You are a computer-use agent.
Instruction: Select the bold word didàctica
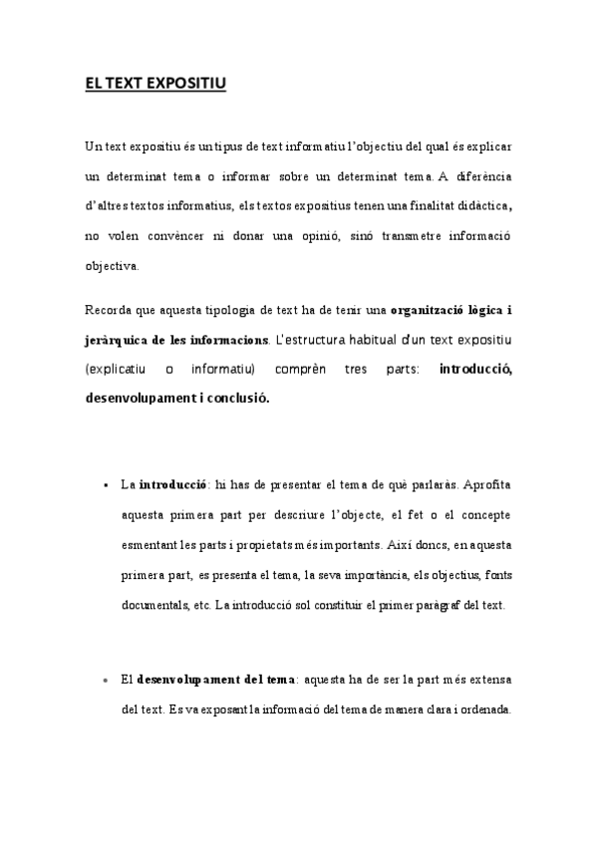click(x=477, y=206)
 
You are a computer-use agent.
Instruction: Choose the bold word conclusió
click(x=235, y=399)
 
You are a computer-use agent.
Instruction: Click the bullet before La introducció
click(x=105, y=486)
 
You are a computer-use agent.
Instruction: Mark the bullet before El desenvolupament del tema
click(x=105, y=681)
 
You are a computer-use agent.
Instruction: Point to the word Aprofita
click(x=488, y=485)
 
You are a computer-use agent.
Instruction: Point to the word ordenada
click(x=482, y=709)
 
